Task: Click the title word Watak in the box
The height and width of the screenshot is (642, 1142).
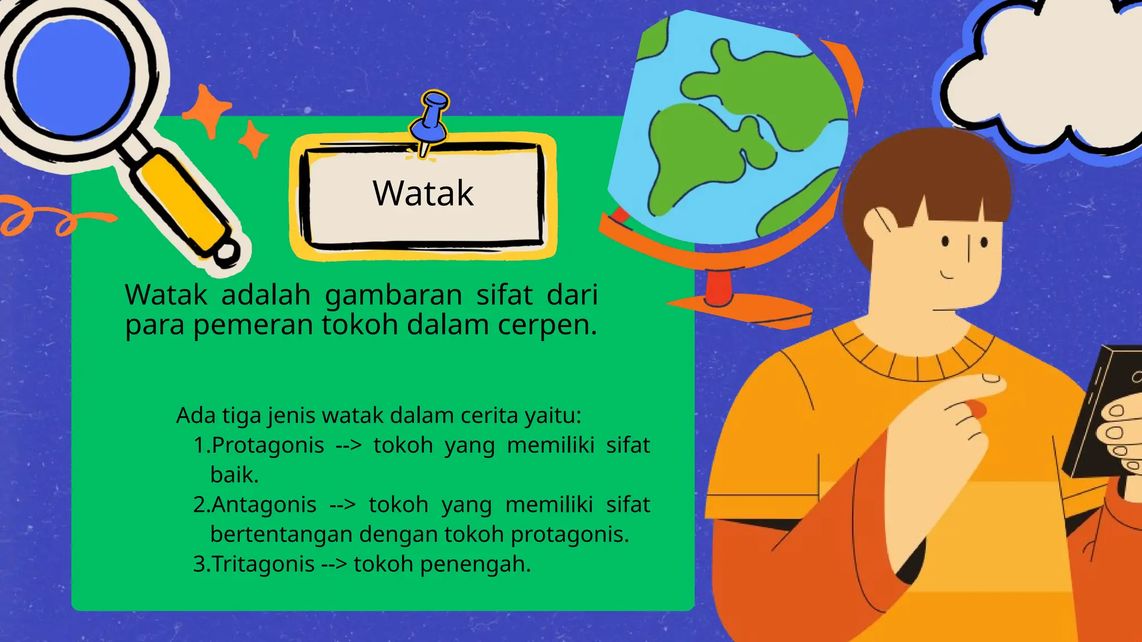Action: point(423,193)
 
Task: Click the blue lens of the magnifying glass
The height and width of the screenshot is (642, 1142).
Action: point(72,75)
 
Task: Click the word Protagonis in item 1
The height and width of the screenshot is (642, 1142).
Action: point(268,445)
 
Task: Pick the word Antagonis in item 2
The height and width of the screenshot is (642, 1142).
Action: point(264,505)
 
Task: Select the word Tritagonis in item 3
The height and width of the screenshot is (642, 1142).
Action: point(263,564)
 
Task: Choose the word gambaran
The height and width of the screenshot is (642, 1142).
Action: point(394,295)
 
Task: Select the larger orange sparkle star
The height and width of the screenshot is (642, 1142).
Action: point(207,110)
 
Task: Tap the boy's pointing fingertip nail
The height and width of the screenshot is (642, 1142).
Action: point(991,379)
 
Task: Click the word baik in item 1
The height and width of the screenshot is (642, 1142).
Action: point(234,475)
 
